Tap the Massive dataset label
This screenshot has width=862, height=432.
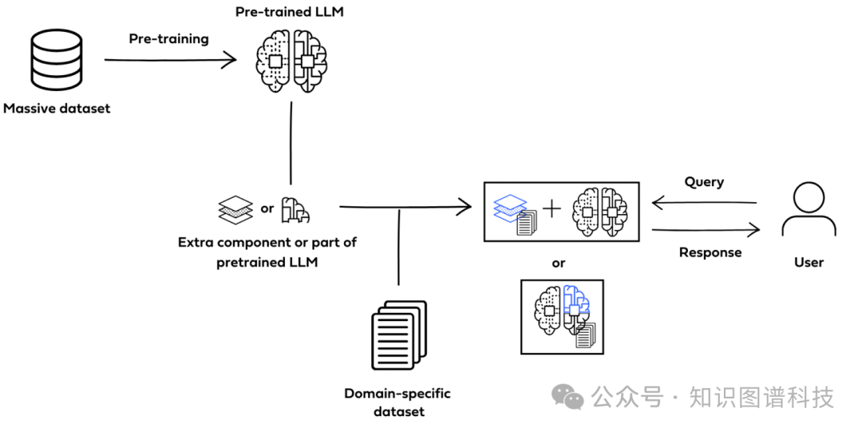tap(57, 108)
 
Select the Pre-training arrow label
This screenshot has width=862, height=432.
tap(168, 39)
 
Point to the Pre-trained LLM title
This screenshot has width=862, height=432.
tap(290, 12)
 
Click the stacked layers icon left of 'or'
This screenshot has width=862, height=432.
tap(235, 209)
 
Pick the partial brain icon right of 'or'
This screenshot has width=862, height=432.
tap(295, 209)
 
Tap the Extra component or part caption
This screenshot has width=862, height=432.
tap(267, 252)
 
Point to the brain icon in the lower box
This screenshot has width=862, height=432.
tap(562, 315)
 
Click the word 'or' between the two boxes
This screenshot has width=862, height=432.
tap(559, 263)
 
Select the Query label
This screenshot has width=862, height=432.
tap(704, 182)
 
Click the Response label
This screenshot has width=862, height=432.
tap(710, 252)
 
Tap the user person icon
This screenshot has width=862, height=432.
tap(809, 209)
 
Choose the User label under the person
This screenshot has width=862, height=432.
tap(809, 262)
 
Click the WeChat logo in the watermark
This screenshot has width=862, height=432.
tap(569, 397)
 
